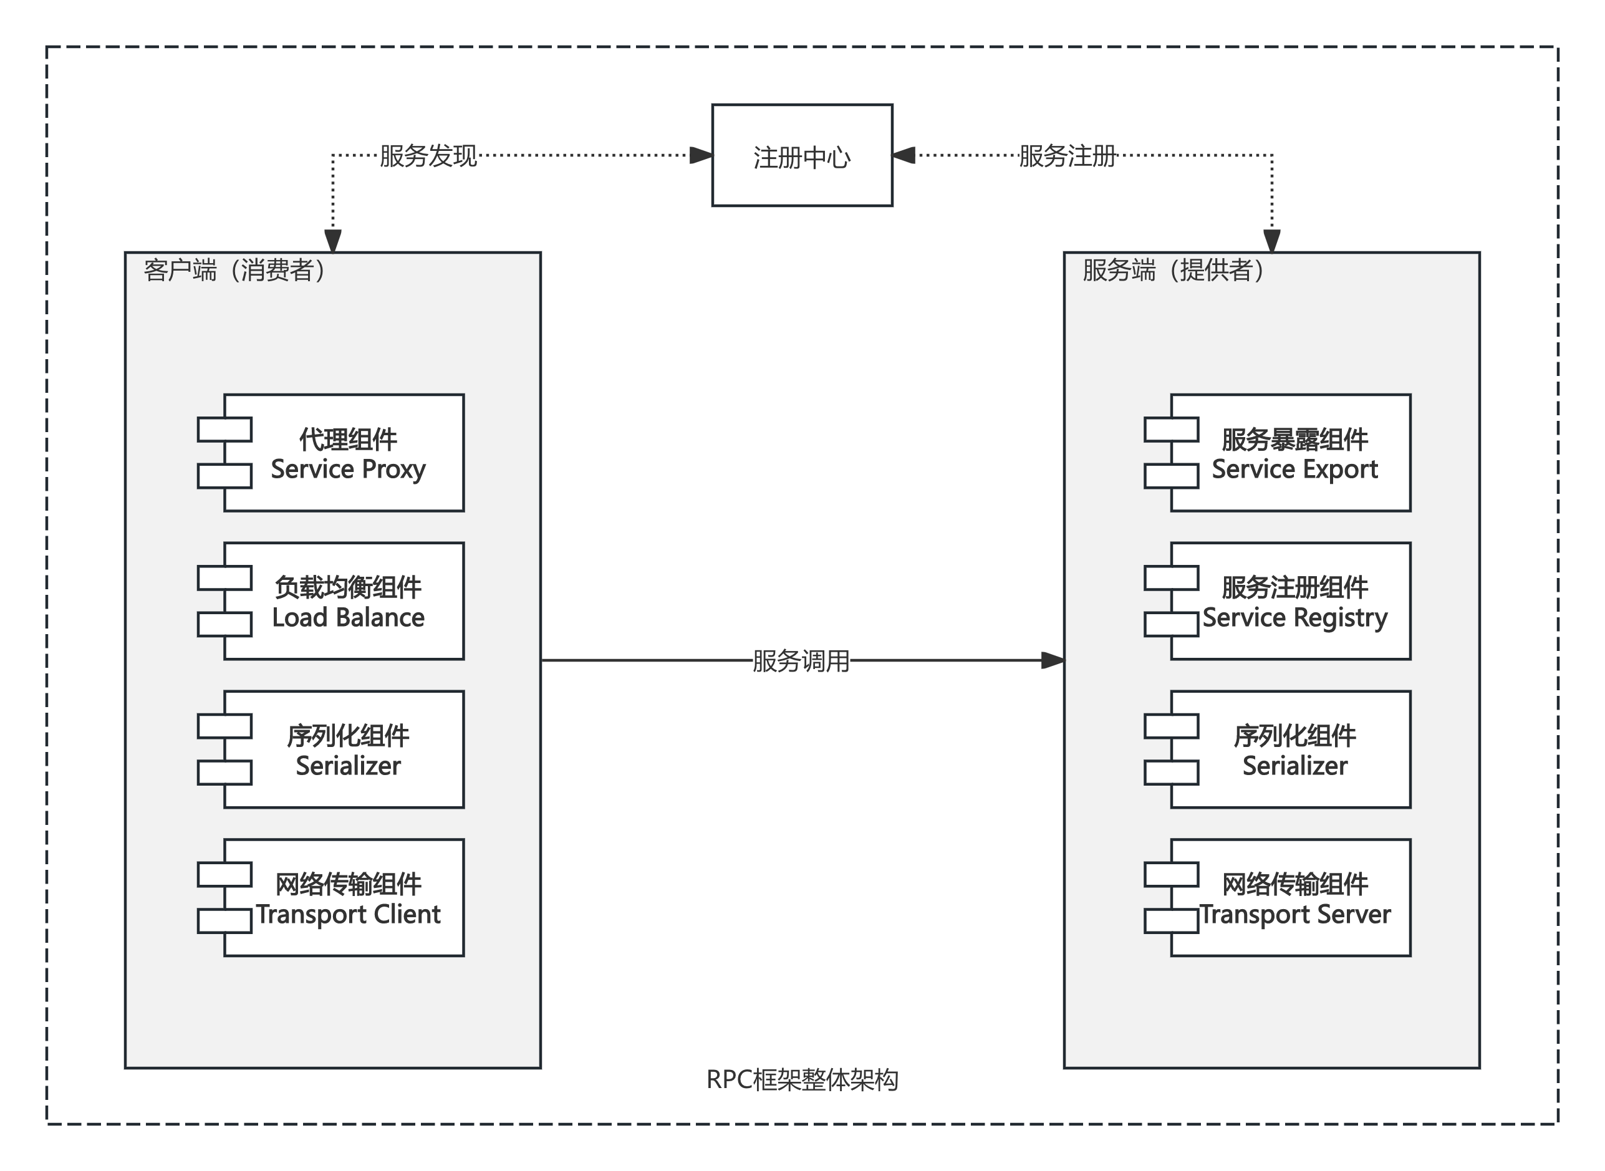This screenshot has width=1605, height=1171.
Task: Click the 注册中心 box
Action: click(x=802, y=155)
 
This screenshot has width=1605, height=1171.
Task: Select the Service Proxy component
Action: click(x=347, y=453)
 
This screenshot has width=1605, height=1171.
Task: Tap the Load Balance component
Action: click(x=347, y=601)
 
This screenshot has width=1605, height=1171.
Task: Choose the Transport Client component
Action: click(x=347, y=898)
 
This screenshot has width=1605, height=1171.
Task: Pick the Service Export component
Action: click(x=1294, y=453)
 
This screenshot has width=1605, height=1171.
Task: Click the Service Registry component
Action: click(x=1294, y=601)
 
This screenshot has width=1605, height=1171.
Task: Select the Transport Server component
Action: click(x=1294, y=898)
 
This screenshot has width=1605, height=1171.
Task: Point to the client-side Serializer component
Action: click(x=347, y=749)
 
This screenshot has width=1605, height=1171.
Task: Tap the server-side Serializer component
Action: click(x=1294, y=749)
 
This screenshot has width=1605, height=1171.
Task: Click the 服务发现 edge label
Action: click(x=428, y=156)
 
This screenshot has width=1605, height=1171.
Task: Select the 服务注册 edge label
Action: click(x=1068, y=156)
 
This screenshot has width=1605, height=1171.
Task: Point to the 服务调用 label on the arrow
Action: click(x=801, y=661)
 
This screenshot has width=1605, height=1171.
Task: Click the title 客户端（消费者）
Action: click(x=234, y=270)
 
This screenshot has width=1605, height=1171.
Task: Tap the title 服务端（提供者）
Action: click(x=1174, y=270)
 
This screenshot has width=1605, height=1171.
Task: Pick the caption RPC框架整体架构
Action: click(x=802, y=1079)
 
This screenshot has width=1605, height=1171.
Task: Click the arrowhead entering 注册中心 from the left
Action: click(x=701, y=155)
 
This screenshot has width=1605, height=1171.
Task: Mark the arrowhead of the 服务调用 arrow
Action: click(x=1053, y=661)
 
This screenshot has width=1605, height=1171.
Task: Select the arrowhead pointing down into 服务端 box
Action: click(x=1272, y=241)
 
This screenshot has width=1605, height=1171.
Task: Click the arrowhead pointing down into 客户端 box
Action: click(x=333, y=241)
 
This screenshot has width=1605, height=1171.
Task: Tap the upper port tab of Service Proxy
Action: click(x=224, y=430)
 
